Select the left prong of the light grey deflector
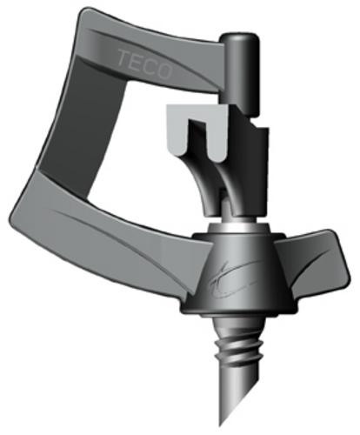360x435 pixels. coord(177,126)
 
